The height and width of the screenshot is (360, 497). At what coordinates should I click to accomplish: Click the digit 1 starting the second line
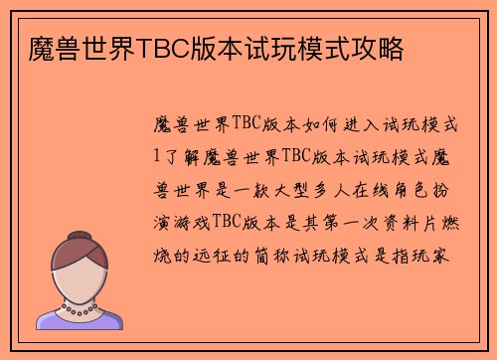click(x=154, y=157)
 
